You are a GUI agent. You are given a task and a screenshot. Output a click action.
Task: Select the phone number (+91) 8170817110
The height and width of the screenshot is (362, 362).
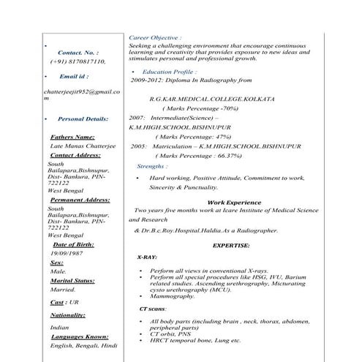pyautogui.click(x=78, y=62)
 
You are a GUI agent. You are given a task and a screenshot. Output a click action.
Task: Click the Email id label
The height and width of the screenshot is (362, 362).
pyautogui.click(x=74, y=76)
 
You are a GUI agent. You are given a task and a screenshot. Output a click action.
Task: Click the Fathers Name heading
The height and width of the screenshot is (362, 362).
pyautogui.click(x=72, y=137)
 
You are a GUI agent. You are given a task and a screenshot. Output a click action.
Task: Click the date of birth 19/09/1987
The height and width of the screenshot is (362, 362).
pyautogui.click(x=67, y=252)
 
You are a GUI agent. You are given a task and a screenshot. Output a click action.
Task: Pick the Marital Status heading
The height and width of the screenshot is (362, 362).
pyautogui.click(x=72, y=280)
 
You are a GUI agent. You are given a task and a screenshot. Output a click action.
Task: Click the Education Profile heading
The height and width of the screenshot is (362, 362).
pyautogui.click(x=170, y=72)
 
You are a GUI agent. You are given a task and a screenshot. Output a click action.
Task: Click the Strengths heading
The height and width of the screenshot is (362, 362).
pyautogui.click(x=151, y=167)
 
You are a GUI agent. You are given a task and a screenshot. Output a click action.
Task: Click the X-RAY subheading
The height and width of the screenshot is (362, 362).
pyautogui.click(x=146, y=258)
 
